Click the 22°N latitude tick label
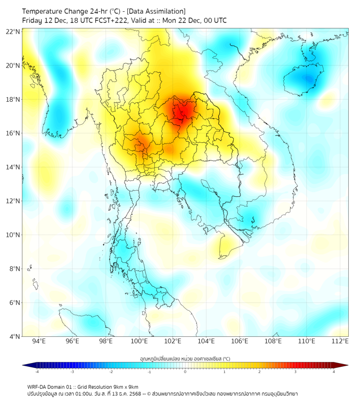(13, 31)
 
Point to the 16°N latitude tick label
(13, 133)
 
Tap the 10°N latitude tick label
(13, 235)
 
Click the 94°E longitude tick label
(39, 341)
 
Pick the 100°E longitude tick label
(139, 341)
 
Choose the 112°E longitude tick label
(340, 341)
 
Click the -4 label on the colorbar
(37, 372)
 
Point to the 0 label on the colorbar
(185, 372)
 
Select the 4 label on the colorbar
(334, 372)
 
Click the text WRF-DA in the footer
(37, 386)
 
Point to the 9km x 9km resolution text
(124, 386)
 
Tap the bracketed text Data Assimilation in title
(159, 11)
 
